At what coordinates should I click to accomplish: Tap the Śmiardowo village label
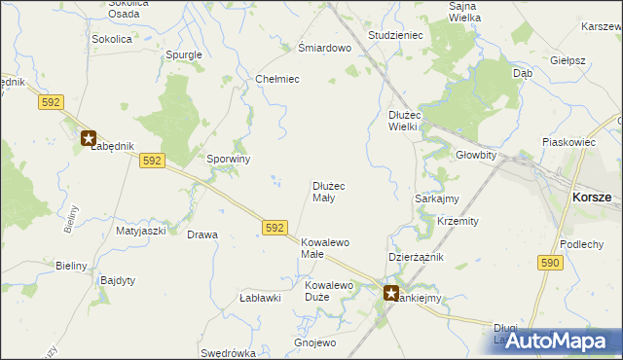323,48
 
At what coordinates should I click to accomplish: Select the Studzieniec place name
394,35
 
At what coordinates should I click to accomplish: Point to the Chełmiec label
276,79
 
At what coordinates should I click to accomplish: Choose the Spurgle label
184,54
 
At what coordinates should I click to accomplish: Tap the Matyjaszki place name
141,232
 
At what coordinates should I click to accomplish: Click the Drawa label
202,235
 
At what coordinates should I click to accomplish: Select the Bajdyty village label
118,280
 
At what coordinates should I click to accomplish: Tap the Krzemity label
458,221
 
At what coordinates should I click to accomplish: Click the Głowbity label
476,155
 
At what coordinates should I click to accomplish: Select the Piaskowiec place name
569,142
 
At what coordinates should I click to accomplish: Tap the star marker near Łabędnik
89,138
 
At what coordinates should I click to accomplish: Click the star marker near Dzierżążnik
391,292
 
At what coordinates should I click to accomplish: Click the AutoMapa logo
555,340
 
